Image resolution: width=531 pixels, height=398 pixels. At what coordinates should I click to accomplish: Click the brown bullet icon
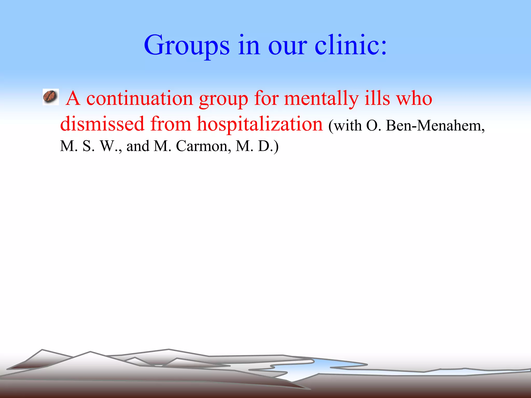[51, 97]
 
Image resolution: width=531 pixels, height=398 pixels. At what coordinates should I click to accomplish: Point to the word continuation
[139, 98]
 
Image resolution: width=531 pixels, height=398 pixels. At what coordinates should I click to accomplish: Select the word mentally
[321, 99]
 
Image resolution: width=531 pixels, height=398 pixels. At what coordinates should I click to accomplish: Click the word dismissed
[102, 124]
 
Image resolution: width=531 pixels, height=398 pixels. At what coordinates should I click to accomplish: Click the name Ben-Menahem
[435, 126]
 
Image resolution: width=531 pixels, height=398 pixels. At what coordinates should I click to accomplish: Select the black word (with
[345, 126]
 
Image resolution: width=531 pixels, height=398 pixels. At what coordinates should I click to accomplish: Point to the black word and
[138, 146]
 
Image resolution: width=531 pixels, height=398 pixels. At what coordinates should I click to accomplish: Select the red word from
[171, 124]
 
